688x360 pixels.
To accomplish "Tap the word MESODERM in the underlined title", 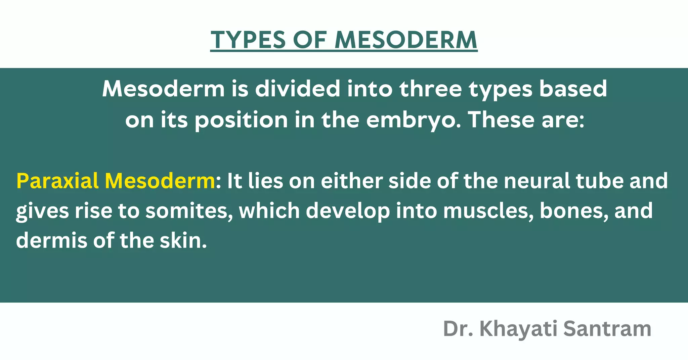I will click(406, 40).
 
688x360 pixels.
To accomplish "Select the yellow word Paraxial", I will click(57, 181).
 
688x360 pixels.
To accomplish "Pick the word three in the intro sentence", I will click(431, 89).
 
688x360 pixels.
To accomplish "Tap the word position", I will click(241, 120).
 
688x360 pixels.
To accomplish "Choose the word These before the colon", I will click(502, 120).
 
